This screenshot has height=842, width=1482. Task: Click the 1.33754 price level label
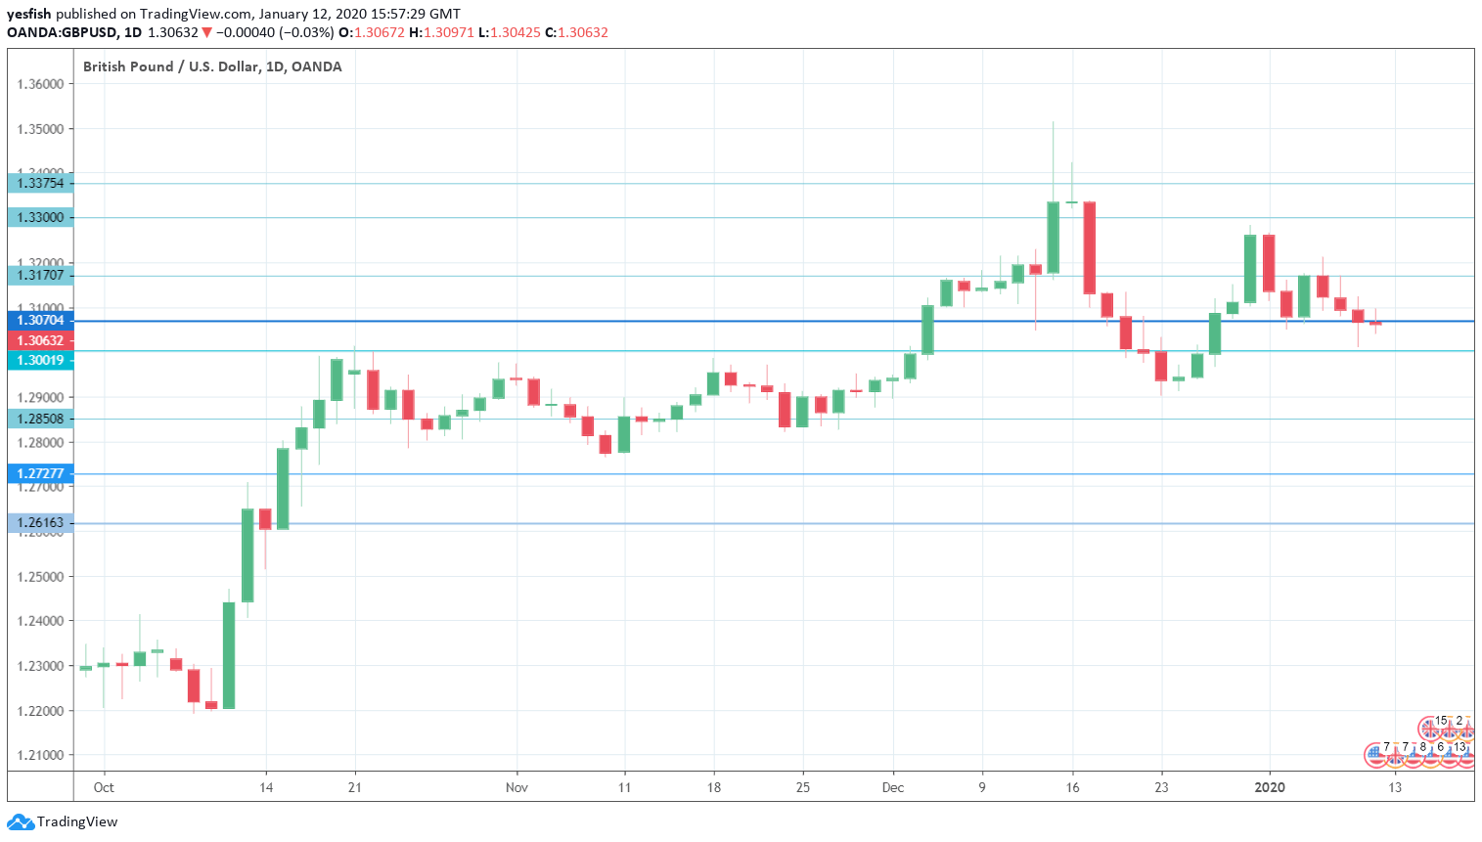coord(40,183)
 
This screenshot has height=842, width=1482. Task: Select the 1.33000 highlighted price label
coord(40,217)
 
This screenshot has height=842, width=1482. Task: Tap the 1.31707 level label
coord(40,275)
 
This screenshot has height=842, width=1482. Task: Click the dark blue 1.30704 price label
coord(40,320)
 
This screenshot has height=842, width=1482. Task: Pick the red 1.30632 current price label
coord(40,340)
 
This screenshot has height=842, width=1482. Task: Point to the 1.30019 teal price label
coord(40,360)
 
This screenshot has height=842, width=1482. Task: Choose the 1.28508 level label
coord(40,419)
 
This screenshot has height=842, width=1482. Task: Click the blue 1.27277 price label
coord(40,473)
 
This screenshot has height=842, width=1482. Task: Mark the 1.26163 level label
coord(40,522)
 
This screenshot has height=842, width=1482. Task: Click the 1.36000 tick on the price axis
coord(40,84)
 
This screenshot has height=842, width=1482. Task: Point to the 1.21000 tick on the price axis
coord(40,755)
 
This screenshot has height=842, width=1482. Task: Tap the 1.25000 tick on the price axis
coord(40,576)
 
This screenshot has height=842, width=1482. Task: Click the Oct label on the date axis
coord(104,787)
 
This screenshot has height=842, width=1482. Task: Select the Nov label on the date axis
coord(516,787)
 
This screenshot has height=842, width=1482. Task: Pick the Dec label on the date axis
coord(892,787)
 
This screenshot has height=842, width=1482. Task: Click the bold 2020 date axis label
coord(1270,787)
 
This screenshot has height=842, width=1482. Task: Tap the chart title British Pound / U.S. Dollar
coord(171,66)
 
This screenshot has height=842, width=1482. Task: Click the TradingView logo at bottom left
coord(63,821)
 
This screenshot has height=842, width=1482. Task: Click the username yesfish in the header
coord(28,14)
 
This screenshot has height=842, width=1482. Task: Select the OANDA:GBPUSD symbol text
coord(61,32)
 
